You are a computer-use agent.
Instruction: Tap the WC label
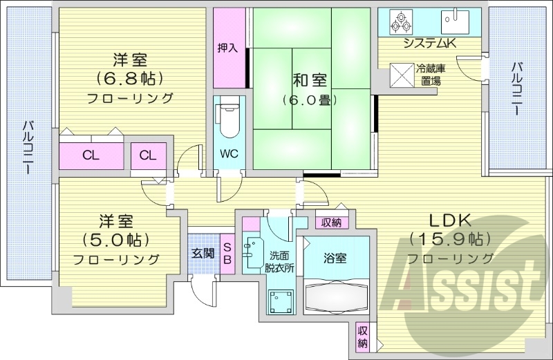click(x=229, y=153)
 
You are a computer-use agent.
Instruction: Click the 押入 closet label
click(x=227, y=48)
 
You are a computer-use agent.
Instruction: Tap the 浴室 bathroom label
click(x=336, y=258)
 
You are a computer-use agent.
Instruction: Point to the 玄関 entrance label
click(x=203, y=253)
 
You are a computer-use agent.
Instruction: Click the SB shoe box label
click(x=227, y=254)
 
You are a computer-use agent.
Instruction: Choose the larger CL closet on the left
click(x=91, y=155)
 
